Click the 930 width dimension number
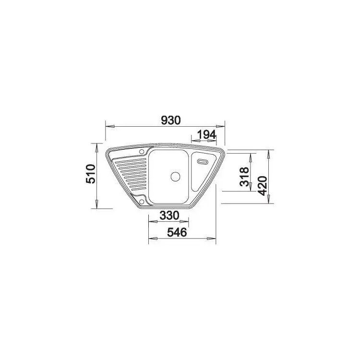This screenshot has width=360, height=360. [171, 120]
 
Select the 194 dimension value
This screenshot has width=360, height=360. [206, 135]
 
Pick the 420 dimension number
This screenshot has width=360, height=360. [262, 183]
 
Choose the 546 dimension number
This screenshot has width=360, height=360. [176, 232]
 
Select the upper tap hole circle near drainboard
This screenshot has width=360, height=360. [142, 153]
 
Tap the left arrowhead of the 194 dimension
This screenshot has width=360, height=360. [192, 142]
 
